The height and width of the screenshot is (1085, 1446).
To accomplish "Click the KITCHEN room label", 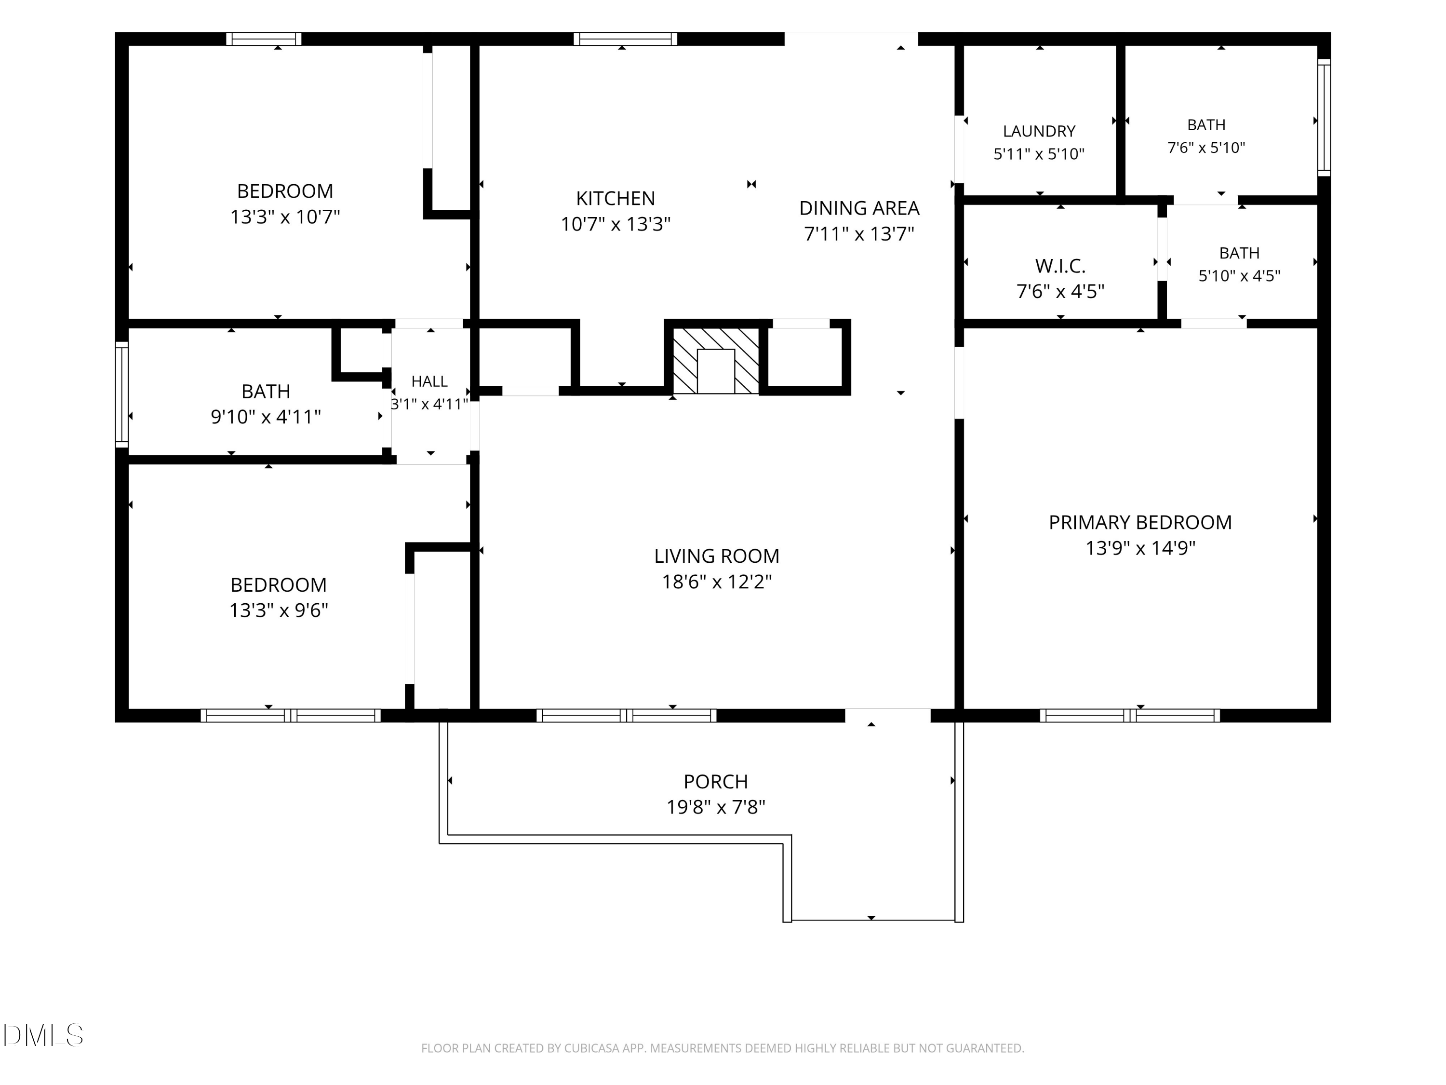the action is [x=615, y=198].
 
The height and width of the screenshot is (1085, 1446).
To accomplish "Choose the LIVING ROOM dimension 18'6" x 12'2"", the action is [x=716, y=582].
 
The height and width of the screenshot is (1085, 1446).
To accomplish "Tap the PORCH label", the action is [x=716, y=782].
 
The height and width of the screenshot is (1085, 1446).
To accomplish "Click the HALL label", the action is [x=429, y=381].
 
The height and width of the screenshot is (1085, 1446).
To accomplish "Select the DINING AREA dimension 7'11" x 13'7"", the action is [x=859, y=233].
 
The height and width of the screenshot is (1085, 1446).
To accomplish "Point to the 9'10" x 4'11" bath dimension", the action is [x=266, y=417].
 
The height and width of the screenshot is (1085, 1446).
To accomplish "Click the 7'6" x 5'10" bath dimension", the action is [x=1206, y=148].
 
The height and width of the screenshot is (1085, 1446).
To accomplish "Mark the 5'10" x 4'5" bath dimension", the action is [x=1239, y=276].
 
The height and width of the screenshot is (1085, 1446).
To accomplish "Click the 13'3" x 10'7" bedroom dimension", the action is [x=285, y=217].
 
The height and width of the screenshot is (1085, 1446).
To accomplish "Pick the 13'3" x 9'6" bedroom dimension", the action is [x=279, y=610].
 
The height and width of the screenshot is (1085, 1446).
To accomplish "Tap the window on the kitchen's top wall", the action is [x=626, y=39].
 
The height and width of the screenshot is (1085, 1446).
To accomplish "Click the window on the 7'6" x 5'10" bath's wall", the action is [x=1324, y=118].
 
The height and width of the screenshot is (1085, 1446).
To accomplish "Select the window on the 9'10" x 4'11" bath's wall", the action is [x=121, y=394].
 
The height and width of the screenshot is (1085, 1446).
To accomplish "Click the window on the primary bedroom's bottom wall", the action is [x=1130, y=716].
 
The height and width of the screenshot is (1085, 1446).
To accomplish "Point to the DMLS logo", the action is [x=43, y=1035].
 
